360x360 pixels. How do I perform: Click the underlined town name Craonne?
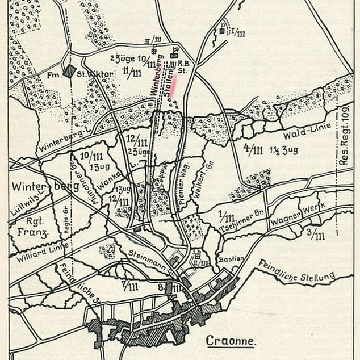point(229,341)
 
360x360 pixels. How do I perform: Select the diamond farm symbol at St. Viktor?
point(69,72)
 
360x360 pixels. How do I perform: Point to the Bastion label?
point(231,258)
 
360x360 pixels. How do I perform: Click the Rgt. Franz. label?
point(28,224)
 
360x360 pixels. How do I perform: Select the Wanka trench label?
point(114,181)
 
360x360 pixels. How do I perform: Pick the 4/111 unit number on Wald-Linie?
point(254,149)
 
